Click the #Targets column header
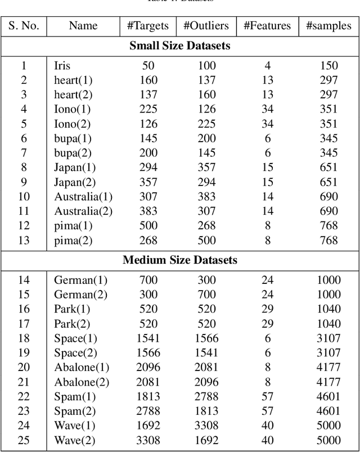pos(148,26)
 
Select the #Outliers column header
pos(206,26)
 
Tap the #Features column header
pos(267,26)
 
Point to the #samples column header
pos(328,26)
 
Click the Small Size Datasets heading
pos(179,46)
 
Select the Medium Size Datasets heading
pos(179,260)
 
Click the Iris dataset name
pos(62,66)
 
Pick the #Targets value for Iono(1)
pos(148,109)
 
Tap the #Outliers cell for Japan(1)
pos(206,168)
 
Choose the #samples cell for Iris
pos(328,66)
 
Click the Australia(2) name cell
pos(83,211)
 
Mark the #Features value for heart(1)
pos(268,80)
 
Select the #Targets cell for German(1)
pos(148,280)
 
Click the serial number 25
pos(24,440)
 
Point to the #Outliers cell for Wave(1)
pos(206,426)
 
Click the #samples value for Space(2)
pos(328,352)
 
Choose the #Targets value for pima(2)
pos(148,241)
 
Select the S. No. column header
pos(24,26)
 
